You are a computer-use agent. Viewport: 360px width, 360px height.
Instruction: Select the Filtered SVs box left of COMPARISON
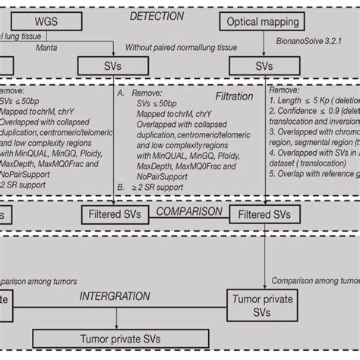(113, 216)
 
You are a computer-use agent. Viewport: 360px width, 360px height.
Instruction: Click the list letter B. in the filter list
(121, 185)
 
